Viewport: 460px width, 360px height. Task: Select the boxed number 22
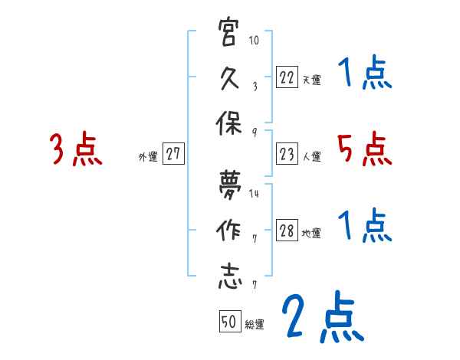coord(287,77)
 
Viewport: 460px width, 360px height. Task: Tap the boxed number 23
coord(287,155)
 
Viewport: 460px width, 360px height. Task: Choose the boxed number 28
coord(287,231)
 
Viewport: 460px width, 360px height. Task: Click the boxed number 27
coord(173,154)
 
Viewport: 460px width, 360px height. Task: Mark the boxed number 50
coord(229,322)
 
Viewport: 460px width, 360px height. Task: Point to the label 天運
coord(311,79)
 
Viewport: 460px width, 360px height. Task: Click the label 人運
coord(311,157)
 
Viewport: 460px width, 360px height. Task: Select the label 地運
coord(311,234)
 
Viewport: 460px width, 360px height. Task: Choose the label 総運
coord(255,324)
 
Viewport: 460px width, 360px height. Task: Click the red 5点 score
coord(364,149)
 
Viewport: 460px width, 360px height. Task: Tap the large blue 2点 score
coord(320,316)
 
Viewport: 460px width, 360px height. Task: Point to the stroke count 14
coord(255,193)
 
